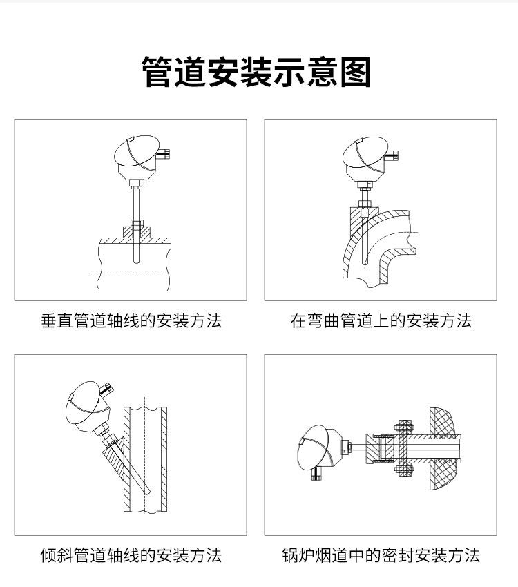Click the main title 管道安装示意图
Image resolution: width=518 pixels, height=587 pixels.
(256, 72)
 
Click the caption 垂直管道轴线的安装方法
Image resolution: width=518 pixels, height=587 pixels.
(131, 321)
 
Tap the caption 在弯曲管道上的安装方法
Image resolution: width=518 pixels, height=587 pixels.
(381, 321)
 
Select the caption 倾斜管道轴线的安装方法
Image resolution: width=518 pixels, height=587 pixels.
(131, 555)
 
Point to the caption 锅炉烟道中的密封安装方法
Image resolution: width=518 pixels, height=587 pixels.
(381, 555)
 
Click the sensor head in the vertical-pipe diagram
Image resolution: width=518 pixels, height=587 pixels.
(137, 158)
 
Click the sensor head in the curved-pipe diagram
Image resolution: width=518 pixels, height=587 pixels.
(365, 159)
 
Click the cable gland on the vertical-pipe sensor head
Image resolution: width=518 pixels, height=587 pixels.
(164, 153)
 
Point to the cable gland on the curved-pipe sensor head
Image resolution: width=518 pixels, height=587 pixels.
(392, 154)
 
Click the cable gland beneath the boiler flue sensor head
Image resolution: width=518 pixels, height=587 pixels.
(316, 474)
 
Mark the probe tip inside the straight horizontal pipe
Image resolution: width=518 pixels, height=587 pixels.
(137, 262)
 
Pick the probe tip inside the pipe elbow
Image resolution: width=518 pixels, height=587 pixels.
(365, 264)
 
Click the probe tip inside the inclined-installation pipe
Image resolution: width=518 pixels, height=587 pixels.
(148, 492)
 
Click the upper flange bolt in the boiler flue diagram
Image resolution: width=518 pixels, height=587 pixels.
(403, 426)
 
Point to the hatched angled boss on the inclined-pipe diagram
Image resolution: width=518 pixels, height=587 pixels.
(113, 460)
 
